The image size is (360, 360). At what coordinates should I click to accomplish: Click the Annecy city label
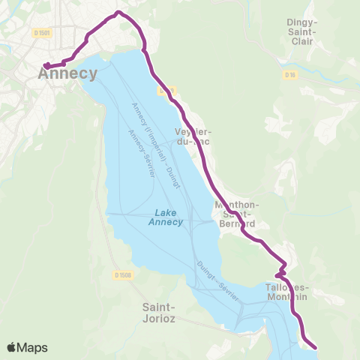point(67,73)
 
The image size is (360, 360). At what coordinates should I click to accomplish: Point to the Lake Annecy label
point(163,217)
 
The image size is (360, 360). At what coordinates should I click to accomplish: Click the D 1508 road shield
point(124,274)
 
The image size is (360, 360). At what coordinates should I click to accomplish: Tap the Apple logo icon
point(12,347)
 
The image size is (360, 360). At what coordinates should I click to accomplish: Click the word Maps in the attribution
point(33,347)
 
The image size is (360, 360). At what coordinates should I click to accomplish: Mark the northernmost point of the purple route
point(119,13)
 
